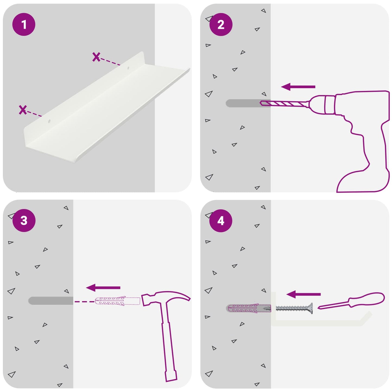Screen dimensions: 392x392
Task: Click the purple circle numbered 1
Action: pyautogui.click(x=24, y=24)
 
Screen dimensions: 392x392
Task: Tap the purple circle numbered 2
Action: pyautogui.click(x=221, y=24)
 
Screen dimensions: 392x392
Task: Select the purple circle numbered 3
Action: pyautogui.click(x=24, y=221)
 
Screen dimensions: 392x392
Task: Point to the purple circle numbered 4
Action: pyautogui.click(x=221, y=221)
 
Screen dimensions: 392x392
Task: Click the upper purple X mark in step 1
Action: pyautogui.click(x=96, y=57)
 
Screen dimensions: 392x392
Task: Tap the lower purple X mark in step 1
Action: pyautogui.click(x=23, y=110)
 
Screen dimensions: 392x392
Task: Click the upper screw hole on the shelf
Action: pyautogui.click(x=128, y=68)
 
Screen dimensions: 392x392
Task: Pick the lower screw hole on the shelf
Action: pyautogui.click(x=49, y=122)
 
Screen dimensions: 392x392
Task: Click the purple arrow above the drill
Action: pyautogui.click(x=298, y=87)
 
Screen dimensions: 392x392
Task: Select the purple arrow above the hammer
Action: pyautogui.click(x=103, y=288)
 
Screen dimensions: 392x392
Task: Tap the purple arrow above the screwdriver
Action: pyautogui.click(x=304, y=294)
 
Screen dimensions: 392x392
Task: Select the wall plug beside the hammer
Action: pyautogui.click(x=117, y=301)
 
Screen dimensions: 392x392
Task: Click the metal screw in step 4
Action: pyautogui.click(x=294, y=308)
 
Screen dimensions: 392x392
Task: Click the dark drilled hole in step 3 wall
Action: pyautogui.click(x=51, y=301)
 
